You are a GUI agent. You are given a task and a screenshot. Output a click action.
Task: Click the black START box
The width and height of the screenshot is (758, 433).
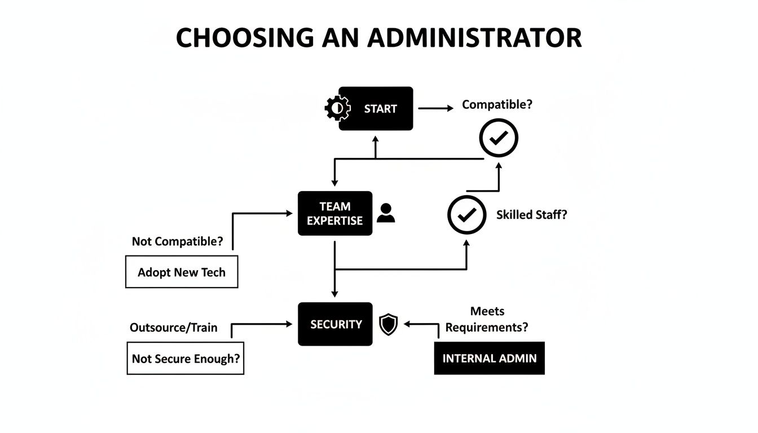pos(376,109)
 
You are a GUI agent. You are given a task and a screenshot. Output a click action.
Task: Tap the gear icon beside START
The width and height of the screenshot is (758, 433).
pos(337,108)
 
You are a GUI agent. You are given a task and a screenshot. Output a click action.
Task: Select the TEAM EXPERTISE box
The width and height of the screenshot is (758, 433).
pos(335,214)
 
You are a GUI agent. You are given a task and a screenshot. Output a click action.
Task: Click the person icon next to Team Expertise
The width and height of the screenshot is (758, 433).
pos(386,213)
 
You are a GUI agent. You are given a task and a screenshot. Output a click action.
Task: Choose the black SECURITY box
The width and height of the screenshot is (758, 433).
pos(335,324)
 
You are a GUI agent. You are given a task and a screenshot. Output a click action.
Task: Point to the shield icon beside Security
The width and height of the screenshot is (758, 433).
pos(389,324)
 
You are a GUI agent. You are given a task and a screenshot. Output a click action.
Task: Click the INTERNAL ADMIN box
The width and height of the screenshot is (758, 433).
pos(489,358)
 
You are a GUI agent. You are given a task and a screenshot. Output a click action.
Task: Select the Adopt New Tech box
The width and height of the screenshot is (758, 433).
pos(182,272)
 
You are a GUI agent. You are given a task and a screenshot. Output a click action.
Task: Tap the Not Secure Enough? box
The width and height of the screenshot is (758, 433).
pos(186,359)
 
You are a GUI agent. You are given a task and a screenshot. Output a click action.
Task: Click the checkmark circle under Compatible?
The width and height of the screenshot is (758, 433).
pos(499,138)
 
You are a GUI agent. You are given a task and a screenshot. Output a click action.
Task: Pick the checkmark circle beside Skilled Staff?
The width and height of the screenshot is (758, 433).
pos(466,215)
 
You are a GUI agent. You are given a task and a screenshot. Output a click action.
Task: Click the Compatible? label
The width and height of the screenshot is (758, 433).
pos(497,104)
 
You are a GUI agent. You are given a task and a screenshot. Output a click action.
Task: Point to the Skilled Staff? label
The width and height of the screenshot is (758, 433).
pos(531,215)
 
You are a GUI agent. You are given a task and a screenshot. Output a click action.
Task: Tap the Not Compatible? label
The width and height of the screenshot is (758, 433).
pos(177,241)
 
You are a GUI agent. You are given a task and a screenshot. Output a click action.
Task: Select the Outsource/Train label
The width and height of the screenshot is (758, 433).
pos(174,328)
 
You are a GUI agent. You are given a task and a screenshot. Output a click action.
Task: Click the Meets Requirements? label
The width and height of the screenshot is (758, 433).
pos(487,319)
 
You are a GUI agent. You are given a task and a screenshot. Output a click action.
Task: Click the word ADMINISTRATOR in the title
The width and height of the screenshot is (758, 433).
pos(475,38)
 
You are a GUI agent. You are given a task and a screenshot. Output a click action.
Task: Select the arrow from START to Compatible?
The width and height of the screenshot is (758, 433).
pos(436,108)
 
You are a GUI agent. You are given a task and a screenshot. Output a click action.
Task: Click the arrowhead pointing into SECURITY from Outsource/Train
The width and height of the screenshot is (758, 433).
pos(289,324)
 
